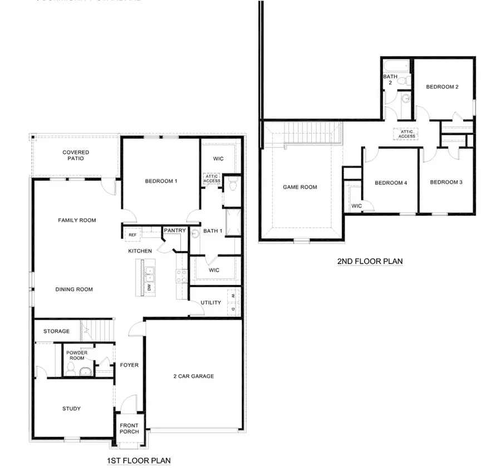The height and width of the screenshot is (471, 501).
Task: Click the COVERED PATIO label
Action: click(76, 155)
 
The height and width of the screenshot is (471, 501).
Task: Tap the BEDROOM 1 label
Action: click(161, 181)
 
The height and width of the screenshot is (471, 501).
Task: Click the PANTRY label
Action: click(174, 230)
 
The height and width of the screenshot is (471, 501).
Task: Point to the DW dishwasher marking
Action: click(149, 287)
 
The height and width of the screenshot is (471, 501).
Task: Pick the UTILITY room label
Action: click(211, 303)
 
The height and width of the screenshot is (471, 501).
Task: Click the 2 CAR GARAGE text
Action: click(193, 376)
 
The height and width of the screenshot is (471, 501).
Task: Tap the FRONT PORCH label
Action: click(129, 429)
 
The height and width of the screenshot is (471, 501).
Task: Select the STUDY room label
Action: click(71, 409)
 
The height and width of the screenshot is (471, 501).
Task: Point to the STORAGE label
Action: click(57, 331)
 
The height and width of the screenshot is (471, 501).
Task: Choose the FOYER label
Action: click(129, 365)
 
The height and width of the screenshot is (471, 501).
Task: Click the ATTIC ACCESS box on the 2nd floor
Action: click(407, 134)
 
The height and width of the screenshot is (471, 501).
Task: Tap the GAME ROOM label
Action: click(300, 187)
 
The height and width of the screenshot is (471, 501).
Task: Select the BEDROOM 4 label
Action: click(390, 183)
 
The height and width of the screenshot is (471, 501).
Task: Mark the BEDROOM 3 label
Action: click(446, 182)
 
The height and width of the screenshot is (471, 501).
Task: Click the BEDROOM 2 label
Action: click(443, 87)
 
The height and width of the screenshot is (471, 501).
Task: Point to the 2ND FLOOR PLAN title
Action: click(370, 261)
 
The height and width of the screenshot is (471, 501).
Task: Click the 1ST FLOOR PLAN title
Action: click(139, 460)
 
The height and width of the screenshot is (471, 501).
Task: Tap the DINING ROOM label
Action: click(74, 290)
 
